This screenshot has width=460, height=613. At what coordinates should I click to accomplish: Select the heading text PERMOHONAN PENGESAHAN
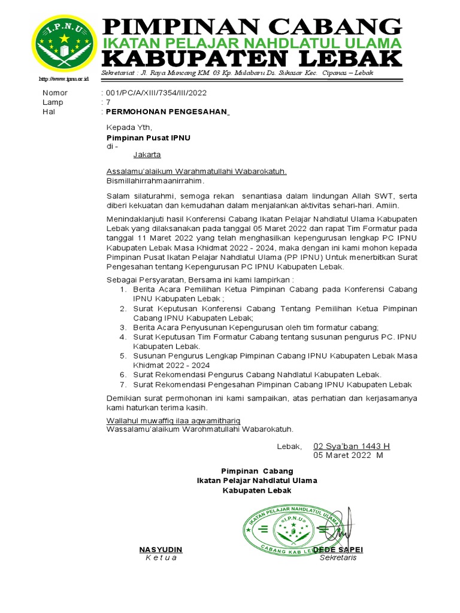(x=168, y=111)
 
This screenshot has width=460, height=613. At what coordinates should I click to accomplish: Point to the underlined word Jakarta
(x=147, y=154)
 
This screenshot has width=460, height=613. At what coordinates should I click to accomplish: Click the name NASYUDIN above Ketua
(x=161, y=550)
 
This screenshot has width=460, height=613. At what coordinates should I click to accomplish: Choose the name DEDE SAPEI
(x=338, y=550)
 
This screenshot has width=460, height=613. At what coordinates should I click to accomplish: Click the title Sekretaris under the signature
(x=338, y=558)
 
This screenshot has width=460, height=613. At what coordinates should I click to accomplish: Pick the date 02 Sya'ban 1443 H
(x=352, y=447)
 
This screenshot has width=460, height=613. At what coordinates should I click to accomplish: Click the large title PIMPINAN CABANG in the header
(x=252, y=27)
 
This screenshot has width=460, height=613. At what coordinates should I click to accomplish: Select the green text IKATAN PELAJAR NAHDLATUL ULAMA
(x=252, y=43)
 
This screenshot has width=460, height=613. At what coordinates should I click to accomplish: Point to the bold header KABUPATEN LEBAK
(x=252, y=59)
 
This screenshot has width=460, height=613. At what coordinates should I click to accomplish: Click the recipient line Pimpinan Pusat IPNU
(x=148, y=138)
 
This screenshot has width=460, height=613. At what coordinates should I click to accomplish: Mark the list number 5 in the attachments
(x=122, y=356)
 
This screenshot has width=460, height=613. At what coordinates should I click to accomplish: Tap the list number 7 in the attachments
(x=122, y=384)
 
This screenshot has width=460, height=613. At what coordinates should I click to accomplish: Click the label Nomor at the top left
(x=55, y=93)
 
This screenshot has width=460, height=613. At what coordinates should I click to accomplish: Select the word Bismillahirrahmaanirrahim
(x=155, y=181)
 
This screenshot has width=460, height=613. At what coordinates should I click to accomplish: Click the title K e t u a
(x=161, y=558)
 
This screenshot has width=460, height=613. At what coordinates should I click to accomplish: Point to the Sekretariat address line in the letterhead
(x=238, y=73)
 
